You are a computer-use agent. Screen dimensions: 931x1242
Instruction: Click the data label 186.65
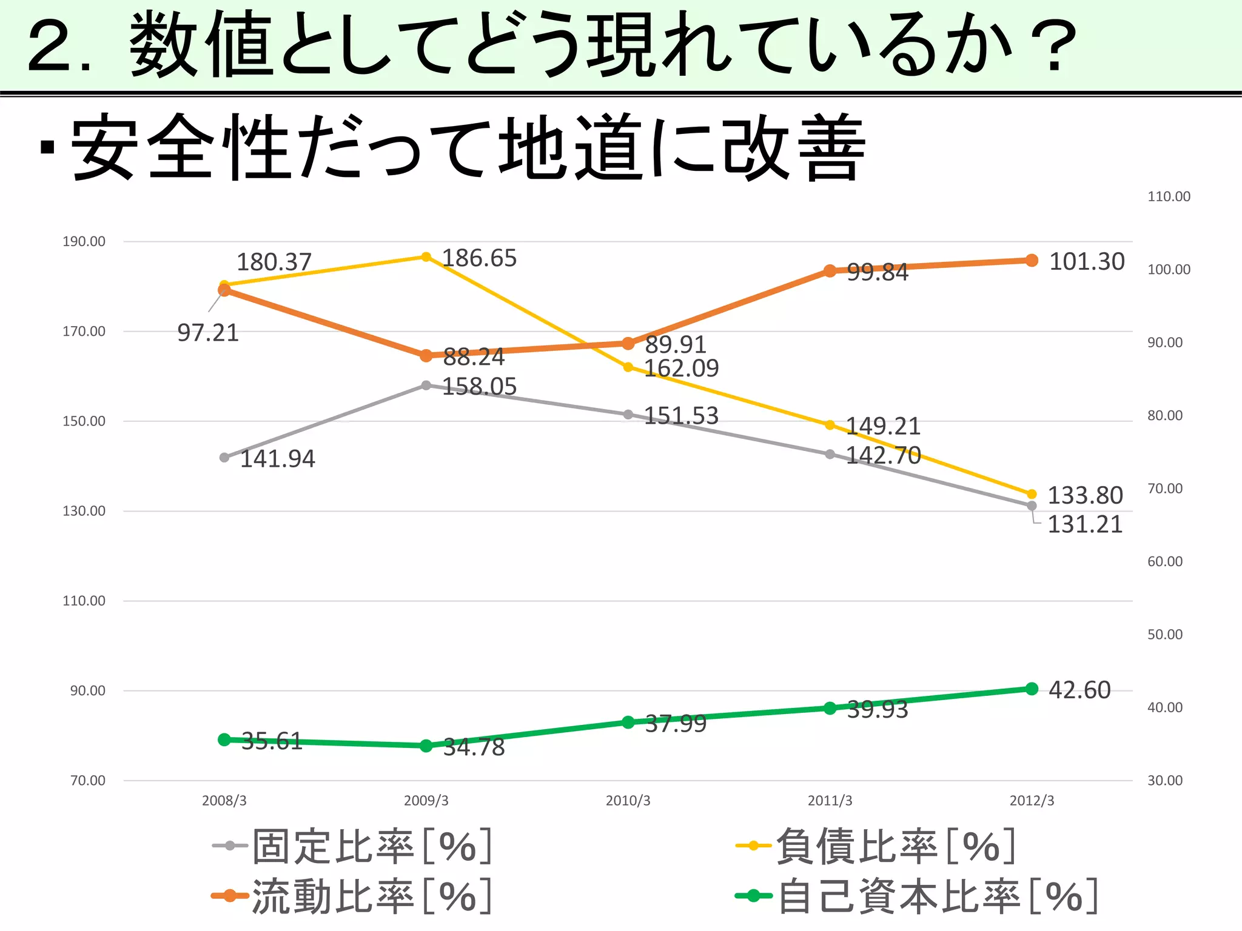[x=479, y=258]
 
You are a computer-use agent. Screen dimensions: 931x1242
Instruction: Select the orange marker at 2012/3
[x=1032, y=261]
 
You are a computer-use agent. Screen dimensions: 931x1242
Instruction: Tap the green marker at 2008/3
[x=224, y=739]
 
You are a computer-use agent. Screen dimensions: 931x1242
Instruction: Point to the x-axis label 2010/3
[x=628, y=801]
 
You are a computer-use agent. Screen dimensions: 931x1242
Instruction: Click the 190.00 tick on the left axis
[x=84, y=241]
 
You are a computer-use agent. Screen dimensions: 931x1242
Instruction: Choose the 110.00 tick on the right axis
[x=1169, y=196]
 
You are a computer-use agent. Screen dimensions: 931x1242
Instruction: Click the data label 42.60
[x=1079, y=690]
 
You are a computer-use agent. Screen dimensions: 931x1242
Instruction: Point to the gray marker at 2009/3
[x=426, y=385]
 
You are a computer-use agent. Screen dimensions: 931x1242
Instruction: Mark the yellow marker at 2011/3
[x=830, y=425]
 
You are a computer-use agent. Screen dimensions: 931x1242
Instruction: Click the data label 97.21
[x=208, y=333]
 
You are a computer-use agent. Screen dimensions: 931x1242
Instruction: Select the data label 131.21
[x=1085, y=524]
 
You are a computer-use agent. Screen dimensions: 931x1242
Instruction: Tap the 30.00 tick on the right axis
[x=1164, y=780]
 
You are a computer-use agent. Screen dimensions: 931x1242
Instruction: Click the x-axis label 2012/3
[x=1032, y=801]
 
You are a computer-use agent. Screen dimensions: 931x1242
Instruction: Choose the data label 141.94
[x=278, y=459]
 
